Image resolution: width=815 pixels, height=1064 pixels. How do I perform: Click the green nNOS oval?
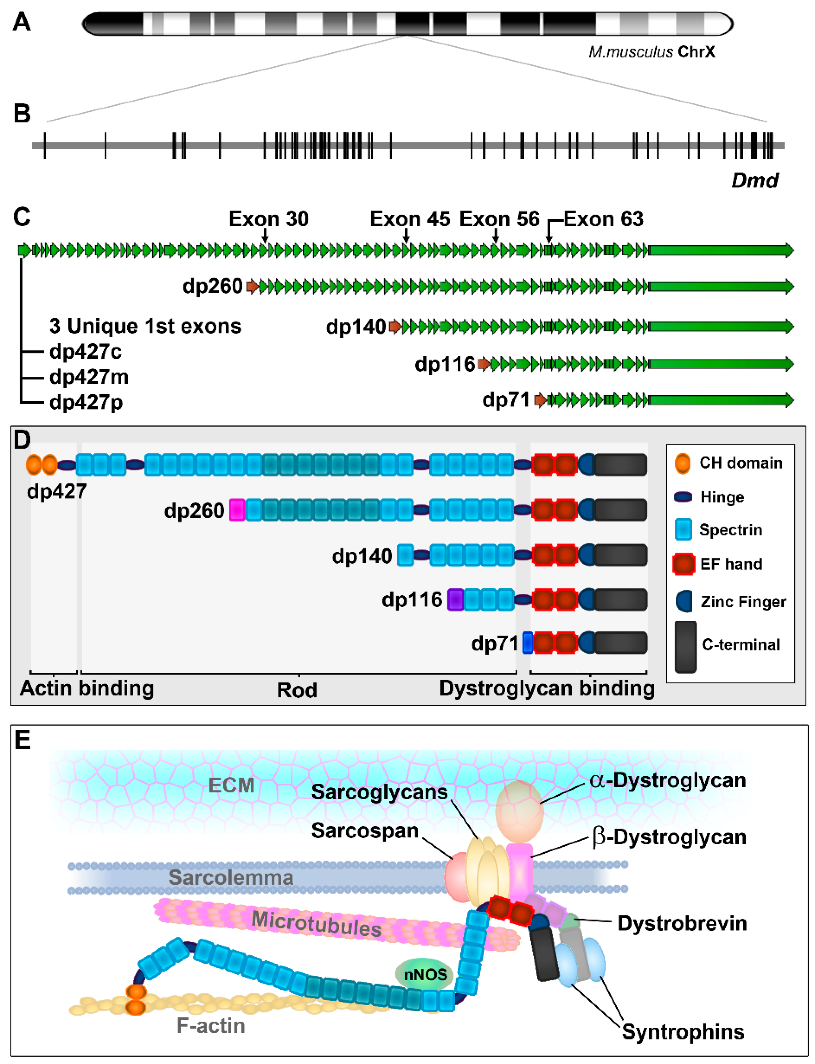pos(425,974)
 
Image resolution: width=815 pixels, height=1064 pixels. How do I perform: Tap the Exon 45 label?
pos(410,219)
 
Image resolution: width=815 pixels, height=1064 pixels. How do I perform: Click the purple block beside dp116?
pos(455,599)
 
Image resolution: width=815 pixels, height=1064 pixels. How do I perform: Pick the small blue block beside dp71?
pos(527,643)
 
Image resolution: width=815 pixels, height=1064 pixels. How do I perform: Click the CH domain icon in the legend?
pos(683,463)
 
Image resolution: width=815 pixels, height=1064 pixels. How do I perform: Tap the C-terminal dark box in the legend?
pos(686,646)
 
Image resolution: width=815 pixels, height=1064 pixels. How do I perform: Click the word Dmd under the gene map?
pos(754,181)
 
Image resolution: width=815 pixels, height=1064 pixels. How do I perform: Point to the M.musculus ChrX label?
pos(652,52)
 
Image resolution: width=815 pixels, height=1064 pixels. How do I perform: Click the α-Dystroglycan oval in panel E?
pos(519,811)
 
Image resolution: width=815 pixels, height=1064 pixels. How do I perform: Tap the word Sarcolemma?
pos(231,877)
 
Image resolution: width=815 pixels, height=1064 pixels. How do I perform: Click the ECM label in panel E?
pos(231,785)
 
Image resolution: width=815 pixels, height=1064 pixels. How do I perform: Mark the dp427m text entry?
pos(89,377)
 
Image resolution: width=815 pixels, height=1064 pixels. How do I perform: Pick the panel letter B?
pos(22,114)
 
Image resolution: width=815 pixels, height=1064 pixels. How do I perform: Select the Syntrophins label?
pos(683,1032)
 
